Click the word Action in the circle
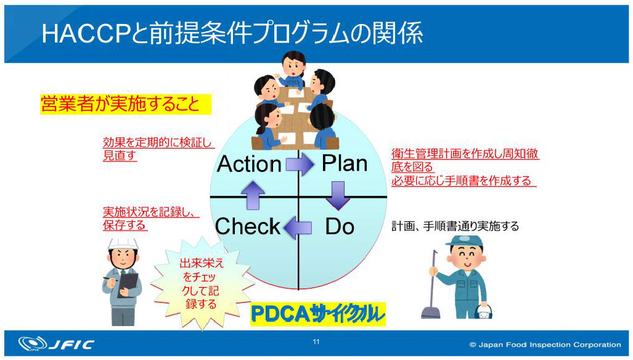coord(249,165)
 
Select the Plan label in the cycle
coord(344,163)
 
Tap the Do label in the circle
coord(340,227)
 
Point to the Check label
coord(248,227)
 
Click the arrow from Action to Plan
coord(300,165)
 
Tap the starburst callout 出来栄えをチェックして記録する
coord(202,283)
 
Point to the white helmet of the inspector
coord(122,242)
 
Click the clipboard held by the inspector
coord(129,285)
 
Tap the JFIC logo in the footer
coord(55,344)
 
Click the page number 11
coord(316,342)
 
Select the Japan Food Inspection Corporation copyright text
coord(545,345)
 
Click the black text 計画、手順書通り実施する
coord(455,226)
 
